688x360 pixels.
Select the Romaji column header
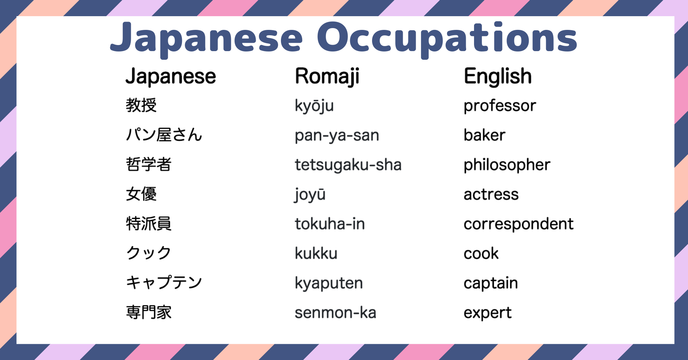(x=327, y=76)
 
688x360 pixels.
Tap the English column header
(x=497, y=76)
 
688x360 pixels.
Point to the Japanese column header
(x=171, y=76)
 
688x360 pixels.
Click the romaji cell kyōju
(x=314, y=106)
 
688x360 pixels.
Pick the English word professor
(x=500, y=106)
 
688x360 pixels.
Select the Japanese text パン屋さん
(x=164, y=135)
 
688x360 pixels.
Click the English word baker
(x=484, y=135)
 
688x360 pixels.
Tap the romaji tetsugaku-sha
(x=348, y=165)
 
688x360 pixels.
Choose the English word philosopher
(x=507, y=165)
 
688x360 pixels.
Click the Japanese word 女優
(x=141, y=194)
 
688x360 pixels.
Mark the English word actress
(x=491, y=194)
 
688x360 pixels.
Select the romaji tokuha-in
(x=330, y=224)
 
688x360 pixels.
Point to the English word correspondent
(x=518, y=224)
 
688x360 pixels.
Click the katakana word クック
(x=148, y=253)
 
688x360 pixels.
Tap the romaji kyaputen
(x=329, y=283)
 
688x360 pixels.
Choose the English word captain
(x=491, y=283)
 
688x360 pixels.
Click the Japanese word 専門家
(x=148, y=312)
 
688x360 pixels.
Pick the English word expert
(x=487, y=313)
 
